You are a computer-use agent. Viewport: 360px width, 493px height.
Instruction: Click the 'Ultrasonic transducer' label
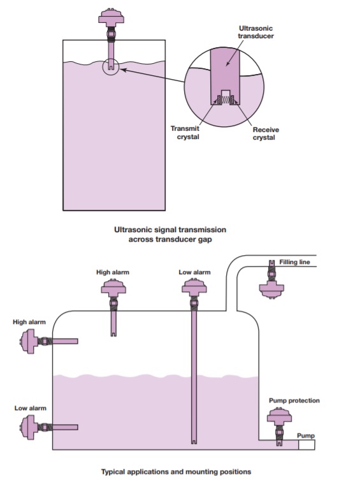coord(256,32)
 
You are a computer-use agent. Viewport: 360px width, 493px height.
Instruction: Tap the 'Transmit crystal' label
coord(185,133)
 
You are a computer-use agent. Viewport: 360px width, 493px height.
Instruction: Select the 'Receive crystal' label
coord(266,134)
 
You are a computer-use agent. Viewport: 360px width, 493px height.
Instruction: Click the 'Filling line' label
coord(294,262)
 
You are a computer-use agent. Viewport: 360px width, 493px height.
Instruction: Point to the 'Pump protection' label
coord(294,401)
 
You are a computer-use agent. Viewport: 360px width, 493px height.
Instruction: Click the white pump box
coord(306,445)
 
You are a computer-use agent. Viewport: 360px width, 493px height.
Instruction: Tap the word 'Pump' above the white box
coord(306,436)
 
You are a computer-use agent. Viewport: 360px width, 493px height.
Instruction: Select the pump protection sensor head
coord(279,416)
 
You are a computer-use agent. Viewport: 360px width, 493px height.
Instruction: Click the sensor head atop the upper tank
coord(112,16)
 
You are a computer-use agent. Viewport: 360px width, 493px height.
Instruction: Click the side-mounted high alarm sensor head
coord(29,341)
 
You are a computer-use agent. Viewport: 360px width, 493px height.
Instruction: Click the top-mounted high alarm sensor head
coord(113,288)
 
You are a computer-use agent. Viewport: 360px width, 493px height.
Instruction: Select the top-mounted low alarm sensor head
coord(194,288)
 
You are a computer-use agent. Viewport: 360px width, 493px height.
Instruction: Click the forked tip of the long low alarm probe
coord(194,442)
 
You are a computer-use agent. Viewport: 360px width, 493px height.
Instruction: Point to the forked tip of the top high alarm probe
coord(113,334)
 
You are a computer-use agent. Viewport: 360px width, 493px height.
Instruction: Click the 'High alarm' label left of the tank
coord(29,322)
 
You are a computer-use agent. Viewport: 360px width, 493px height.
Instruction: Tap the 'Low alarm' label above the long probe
coord(194,272)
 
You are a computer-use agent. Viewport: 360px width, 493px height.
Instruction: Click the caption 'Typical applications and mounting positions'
coord(176,471)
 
